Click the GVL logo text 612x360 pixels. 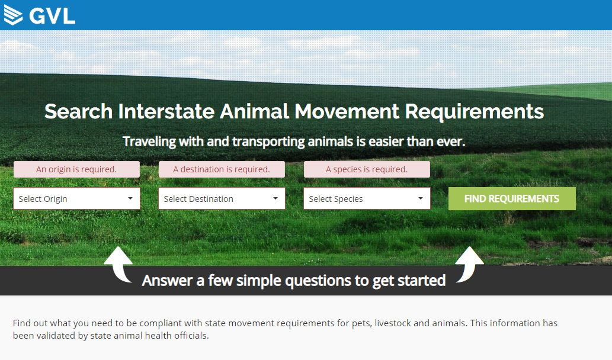[x=52, y=16]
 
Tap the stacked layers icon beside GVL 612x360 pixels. [x=13, y=15]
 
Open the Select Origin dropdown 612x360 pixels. [x=76, y=198]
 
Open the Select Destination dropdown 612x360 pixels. [x=222, y=198]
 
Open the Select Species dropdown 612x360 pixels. [x=367, y=198]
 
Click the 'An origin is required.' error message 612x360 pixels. [x=76, y=169]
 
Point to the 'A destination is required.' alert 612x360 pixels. [x=222, y=169]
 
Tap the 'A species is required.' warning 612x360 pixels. [x=367, y=169]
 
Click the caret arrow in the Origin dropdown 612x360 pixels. [x=130, y=198]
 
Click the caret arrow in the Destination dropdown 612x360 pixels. [x=275, y=198]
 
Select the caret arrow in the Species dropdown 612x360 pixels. [x=421, y=198]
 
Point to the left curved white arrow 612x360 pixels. [x=118, y=265]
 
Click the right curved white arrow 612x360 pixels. [x=470, y=265]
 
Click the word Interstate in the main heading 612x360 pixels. [x=166, y=111]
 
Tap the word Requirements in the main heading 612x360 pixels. [x=474, y=112]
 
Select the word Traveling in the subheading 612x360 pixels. [x=149, y=142]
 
